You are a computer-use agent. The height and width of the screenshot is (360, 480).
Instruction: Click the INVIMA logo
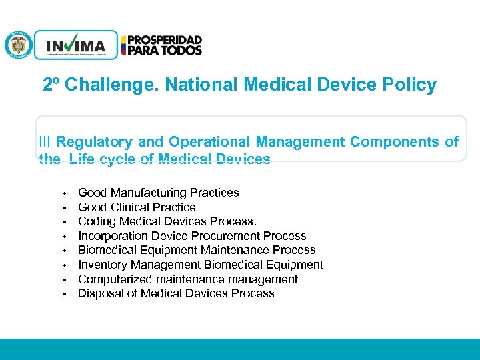[75, 45]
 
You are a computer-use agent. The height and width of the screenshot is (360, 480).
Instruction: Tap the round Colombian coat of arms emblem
[18, 45]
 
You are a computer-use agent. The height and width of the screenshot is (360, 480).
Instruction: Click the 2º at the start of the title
[51, 85]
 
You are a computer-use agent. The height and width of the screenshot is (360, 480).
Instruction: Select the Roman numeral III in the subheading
[45, 141]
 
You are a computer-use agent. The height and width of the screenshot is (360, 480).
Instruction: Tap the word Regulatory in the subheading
[95, 141]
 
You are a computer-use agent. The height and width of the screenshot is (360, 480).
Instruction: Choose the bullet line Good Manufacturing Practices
[158, 193]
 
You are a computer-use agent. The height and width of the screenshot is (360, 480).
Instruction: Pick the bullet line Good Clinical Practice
[137, 207]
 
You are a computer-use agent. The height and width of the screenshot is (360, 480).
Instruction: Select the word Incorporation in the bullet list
[111, 236]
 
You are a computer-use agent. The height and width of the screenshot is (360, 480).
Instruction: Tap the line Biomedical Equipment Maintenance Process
[197, 250]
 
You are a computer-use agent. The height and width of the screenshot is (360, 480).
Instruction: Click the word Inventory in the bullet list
[102, 265]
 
